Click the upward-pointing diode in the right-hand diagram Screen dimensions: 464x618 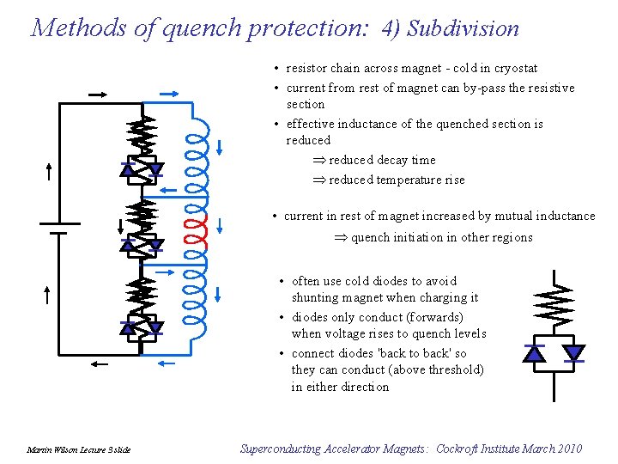click(x=535, y=353)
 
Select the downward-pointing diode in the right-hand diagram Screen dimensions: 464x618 click(x=573, y=353)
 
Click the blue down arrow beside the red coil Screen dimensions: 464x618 click(x=221, y=227)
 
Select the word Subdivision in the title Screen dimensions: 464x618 click(x=463, y=28)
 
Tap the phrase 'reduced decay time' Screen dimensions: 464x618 click(x=382, y=161)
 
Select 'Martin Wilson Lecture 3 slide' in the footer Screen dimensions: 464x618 click(x=78, y=450)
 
